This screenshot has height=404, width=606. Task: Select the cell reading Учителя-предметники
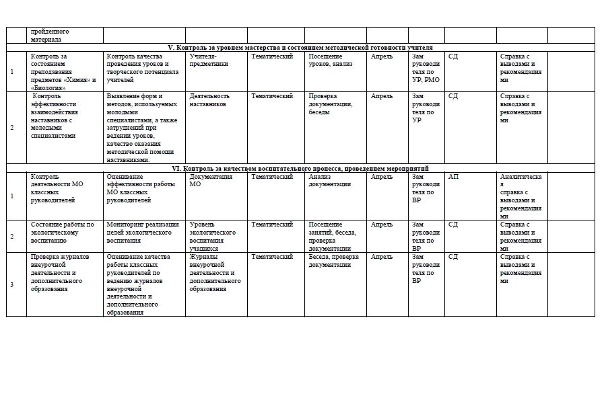pos(209,60)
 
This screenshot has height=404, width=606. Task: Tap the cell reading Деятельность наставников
pos(209,100)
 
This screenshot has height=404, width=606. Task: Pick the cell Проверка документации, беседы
pos(331,104)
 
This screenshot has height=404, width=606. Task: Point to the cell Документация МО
pos(211,180)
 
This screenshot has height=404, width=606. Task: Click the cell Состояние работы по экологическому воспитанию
pos(63,232)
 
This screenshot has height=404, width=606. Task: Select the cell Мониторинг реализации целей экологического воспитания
pos(142,232)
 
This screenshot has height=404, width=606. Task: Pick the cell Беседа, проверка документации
pos(333,260)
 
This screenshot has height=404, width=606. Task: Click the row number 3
pos(11,285)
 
